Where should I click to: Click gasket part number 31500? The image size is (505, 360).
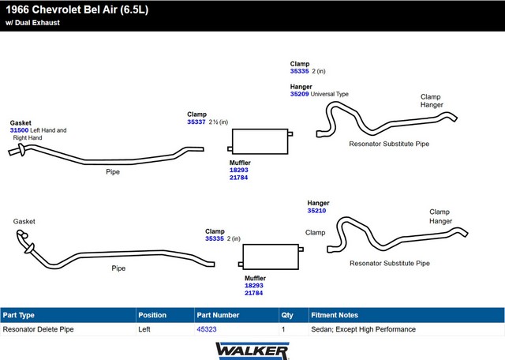coord(19,130)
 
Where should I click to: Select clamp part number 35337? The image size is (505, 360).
coord(196,122)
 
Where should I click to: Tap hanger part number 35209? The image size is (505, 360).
coord(299,94)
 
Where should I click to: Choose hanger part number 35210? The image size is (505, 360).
coord(316,211)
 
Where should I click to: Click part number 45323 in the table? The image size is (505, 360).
coord(207,329)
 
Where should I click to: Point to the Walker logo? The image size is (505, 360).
coord(252,351)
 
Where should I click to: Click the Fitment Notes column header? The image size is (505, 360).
coord(335,315)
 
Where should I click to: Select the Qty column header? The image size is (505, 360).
coord(287,315)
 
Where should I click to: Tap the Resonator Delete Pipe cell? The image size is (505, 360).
coord(38,329)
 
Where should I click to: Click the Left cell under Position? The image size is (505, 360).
coord(144,329)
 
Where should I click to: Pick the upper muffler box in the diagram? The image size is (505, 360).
coord(260,141)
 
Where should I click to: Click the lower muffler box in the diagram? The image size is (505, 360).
coord(271,257)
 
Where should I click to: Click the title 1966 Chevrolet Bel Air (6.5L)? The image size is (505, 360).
coord(77,9)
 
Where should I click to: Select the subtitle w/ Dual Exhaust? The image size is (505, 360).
coord(32,23)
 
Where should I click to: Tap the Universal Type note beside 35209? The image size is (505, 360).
coord(330,94)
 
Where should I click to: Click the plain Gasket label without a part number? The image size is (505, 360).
coord(24,221)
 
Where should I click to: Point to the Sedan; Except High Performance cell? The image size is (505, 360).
coord(363,329)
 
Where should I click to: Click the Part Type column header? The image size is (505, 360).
coord(18,315)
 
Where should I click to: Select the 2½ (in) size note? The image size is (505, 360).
coord(218,122)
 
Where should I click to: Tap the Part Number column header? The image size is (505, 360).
coord(218,315)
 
